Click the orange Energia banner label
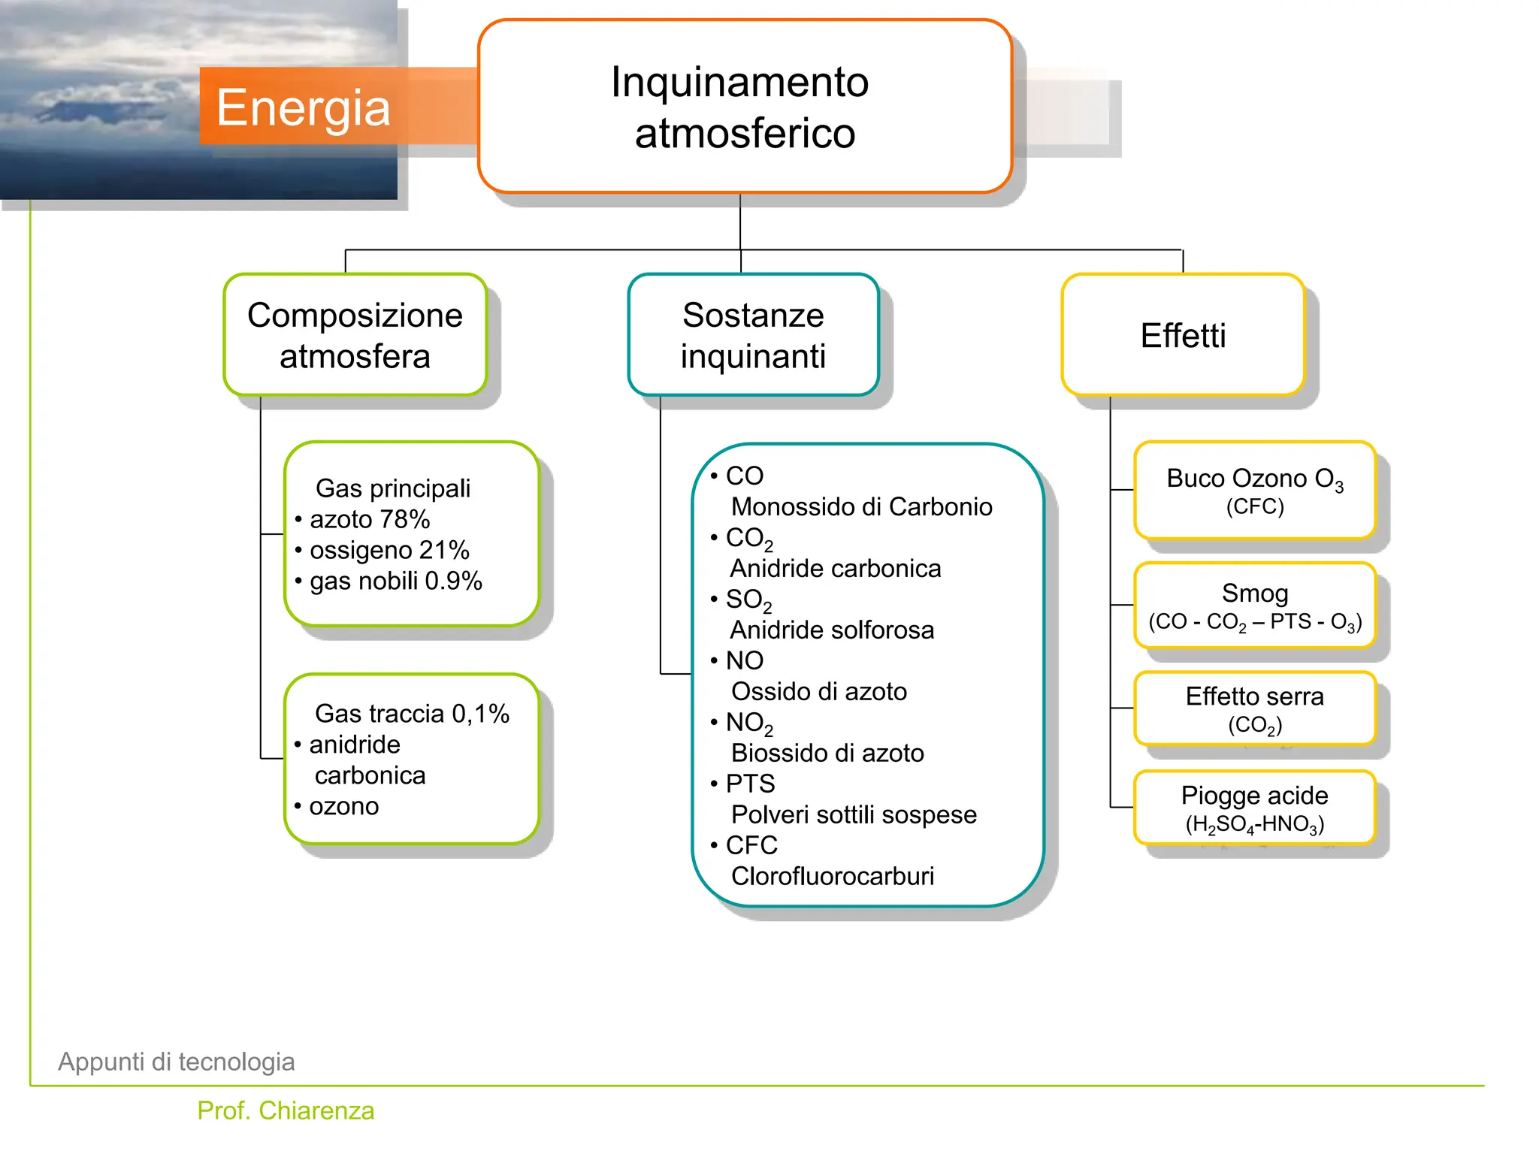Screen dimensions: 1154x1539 pyautogui.click(x=303, y=107)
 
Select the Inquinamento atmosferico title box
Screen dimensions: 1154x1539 pyautogui.click(x=744, y=107)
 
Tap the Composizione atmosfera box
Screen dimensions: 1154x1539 pyautogui.click(x=355, y=335)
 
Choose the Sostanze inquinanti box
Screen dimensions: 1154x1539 pyautogui.click(x=753, y=335)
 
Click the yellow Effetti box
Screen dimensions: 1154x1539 pyautogui.click(x=1182, y=335)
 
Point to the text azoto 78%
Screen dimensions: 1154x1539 pyautogui.click(x=369, y=519)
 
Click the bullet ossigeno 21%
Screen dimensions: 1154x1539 pyautogui.click(x=389, y=550)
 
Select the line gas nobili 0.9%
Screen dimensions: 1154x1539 pyautogui.click(x=395, y=581)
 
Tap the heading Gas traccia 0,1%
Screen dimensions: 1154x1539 pyautogui.click(x=412, y=713)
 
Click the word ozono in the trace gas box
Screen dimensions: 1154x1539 pyautogui.click(x=343, y=806)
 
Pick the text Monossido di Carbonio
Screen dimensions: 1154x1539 pyautogui.click(x=861, y=506)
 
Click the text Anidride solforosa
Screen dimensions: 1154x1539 pyautogui.click(x=832, y=630)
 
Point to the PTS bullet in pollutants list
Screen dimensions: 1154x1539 pyautogui.click(x=749, y=784)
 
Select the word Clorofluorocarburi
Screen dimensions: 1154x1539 pyautogui.click(x=832, y=876)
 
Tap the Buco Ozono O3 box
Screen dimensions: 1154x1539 pyautogui.click(x=1254, y=490)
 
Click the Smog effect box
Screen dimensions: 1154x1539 pyautogui.click(x=1254, y=606)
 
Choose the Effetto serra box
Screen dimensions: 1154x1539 pyautogui.click(x=1254, y=708)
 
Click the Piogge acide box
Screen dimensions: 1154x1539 pyautogui.click(x=1254, y=808)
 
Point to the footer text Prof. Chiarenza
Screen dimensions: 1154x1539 pyautogui.click(x=286, y=1110)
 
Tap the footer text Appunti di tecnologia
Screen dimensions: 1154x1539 pyautogui.click(x=177, y=1062)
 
